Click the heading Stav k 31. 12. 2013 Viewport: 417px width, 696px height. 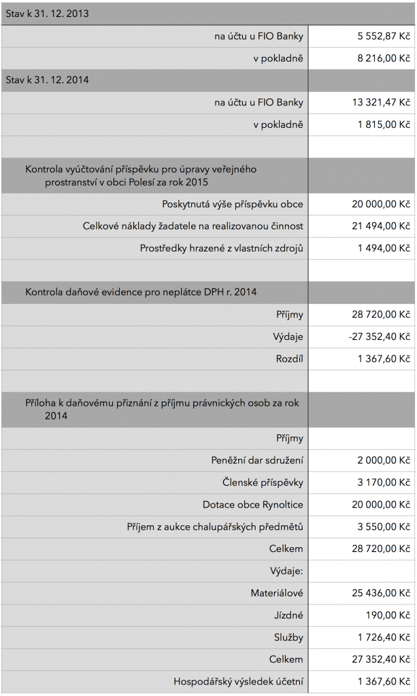click(x=48, y=13)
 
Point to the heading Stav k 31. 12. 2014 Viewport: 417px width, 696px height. click(x=48, y=80)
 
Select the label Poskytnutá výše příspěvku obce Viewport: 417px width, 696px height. click(x=233, y=204)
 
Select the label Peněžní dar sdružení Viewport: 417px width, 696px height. click(x=257, y=460)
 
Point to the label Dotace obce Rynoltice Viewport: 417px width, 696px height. click(x=253, y=505)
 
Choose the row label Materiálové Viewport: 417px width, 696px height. click(x=277, y=593)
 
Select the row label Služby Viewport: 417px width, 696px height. click(x=288, y=638)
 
